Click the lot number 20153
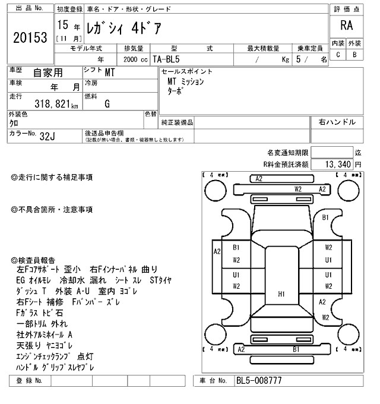pos(30,37)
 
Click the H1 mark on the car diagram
pos(281,293)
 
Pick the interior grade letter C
pos(338,55)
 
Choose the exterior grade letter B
pos(354,55)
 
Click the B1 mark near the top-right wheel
pos(325,218)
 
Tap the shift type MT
pos(110,73)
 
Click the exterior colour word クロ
pos(13,123)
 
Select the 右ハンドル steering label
pos(337,122)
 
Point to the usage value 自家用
pos(47,73)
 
